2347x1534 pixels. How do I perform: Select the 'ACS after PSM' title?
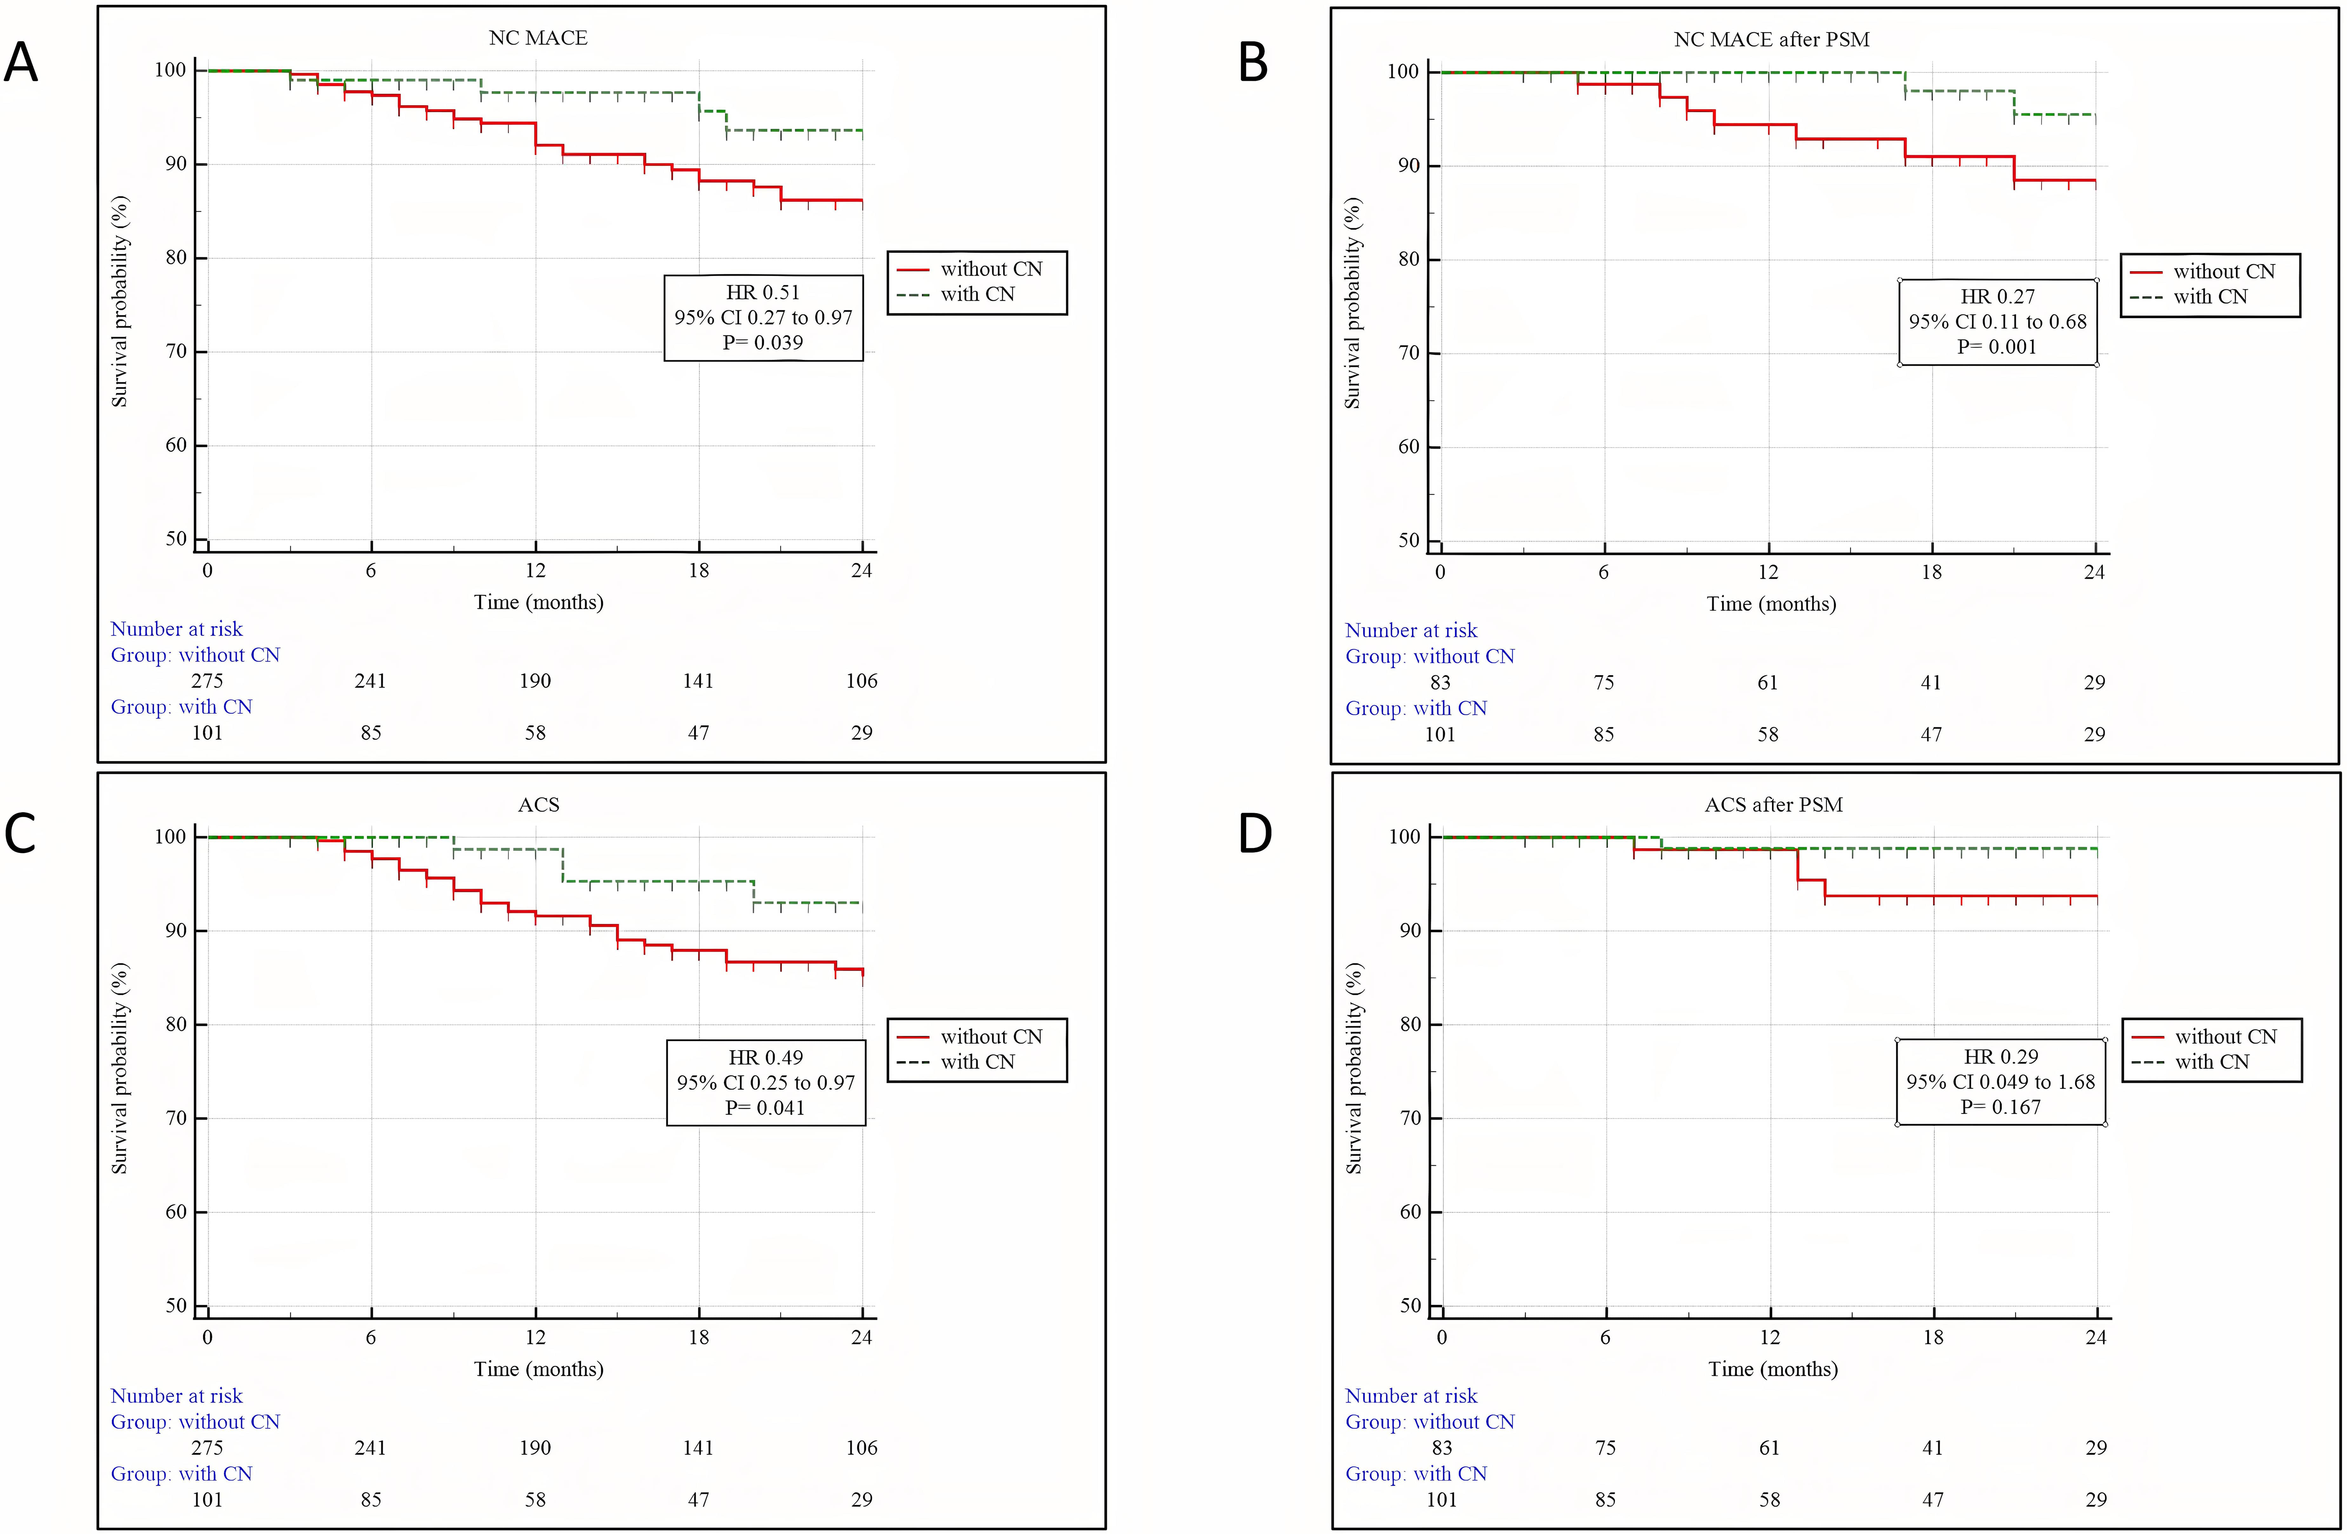tap(1773, 804)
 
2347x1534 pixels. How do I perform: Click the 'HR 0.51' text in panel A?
tap(762, 292)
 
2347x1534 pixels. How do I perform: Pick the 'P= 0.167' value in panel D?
tap(2000, 1106)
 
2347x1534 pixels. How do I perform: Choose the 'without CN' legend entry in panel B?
tap(2224, 271)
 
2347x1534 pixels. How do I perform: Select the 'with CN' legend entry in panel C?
tap(977, 1062)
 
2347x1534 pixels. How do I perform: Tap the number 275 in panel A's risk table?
tap(207, 680)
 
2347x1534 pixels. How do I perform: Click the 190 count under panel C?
tap(535, 1447)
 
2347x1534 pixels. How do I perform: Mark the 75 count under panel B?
tap(1604, 682)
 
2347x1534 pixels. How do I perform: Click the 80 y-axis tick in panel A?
tap(176, 257)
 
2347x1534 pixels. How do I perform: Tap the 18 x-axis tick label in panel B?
tap(1931, 572)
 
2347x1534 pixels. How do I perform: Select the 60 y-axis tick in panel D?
tap(1410, 1212)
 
